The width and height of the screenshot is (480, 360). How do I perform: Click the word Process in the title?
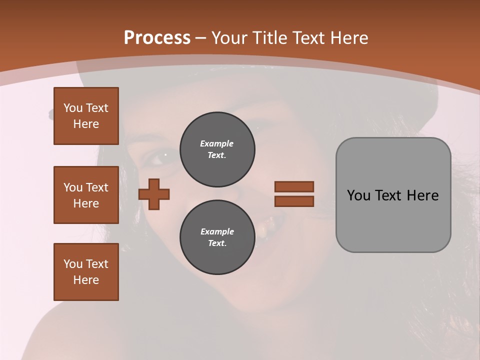pyautogui.click(x=157, y=38)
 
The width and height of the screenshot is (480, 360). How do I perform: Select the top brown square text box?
pyautogui.click(x=86, y=116)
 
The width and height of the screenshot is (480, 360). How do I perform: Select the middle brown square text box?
pyautogui.click(x=86, y=195)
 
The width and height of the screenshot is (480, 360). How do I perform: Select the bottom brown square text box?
pyautogui.click(x=86, y=272)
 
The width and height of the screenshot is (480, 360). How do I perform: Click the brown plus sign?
pyautogui.click(x=154, y=194)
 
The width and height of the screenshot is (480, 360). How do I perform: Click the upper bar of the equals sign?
pyautogui.click(x=294, y=187)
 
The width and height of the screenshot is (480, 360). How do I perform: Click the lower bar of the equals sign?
pyautogui.click(x=294, y=201)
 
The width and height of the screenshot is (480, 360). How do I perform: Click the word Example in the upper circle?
pyautogui.click(x=216, y=143)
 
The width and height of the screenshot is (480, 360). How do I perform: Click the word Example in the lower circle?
pyautogui.click(x=217, y=231)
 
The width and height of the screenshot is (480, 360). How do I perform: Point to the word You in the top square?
pyautogui.click(x=72, y=108)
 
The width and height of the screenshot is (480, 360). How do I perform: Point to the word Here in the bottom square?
pyautogui.click(x=86, y=280)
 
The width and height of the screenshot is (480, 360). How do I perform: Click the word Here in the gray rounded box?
pyautogui.click(x=422, y=195)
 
